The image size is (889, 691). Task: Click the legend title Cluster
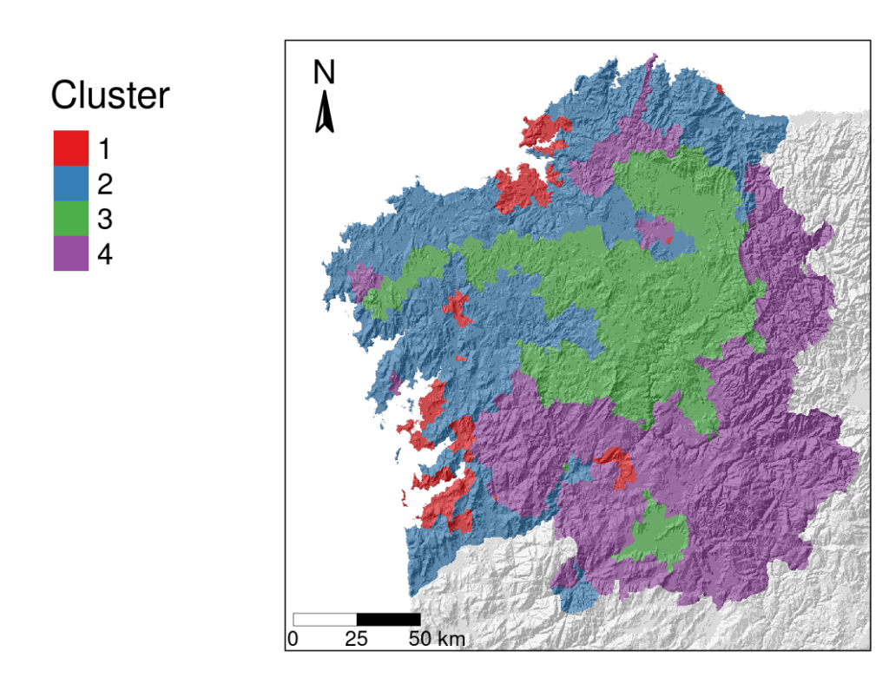[109, 95]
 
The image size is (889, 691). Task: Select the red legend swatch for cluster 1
[70, 148]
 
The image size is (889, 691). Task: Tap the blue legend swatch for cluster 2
[70, 183]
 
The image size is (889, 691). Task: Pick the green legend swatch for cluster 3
[70, 219]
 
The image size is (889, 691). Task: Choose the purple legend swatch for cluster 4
[70, 254]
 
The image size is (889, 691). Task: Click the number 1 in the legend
[104, 148]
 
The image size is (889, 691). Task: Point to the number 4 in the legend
[104, 255]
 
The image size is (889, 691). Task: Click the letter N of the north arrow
[324, 73]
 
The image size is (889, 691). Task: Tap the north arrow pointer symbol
[325, 114]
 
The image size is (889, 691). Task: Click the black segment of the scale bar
[388, 619]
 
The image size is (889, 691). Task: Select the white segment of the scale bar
[325, 619]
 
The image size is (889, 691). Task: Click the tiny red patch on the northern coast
[720, 88]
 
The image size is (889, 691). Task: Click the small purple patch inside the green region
[655, 231]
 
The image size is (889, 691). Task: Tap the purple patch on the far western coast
[361, 280]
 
